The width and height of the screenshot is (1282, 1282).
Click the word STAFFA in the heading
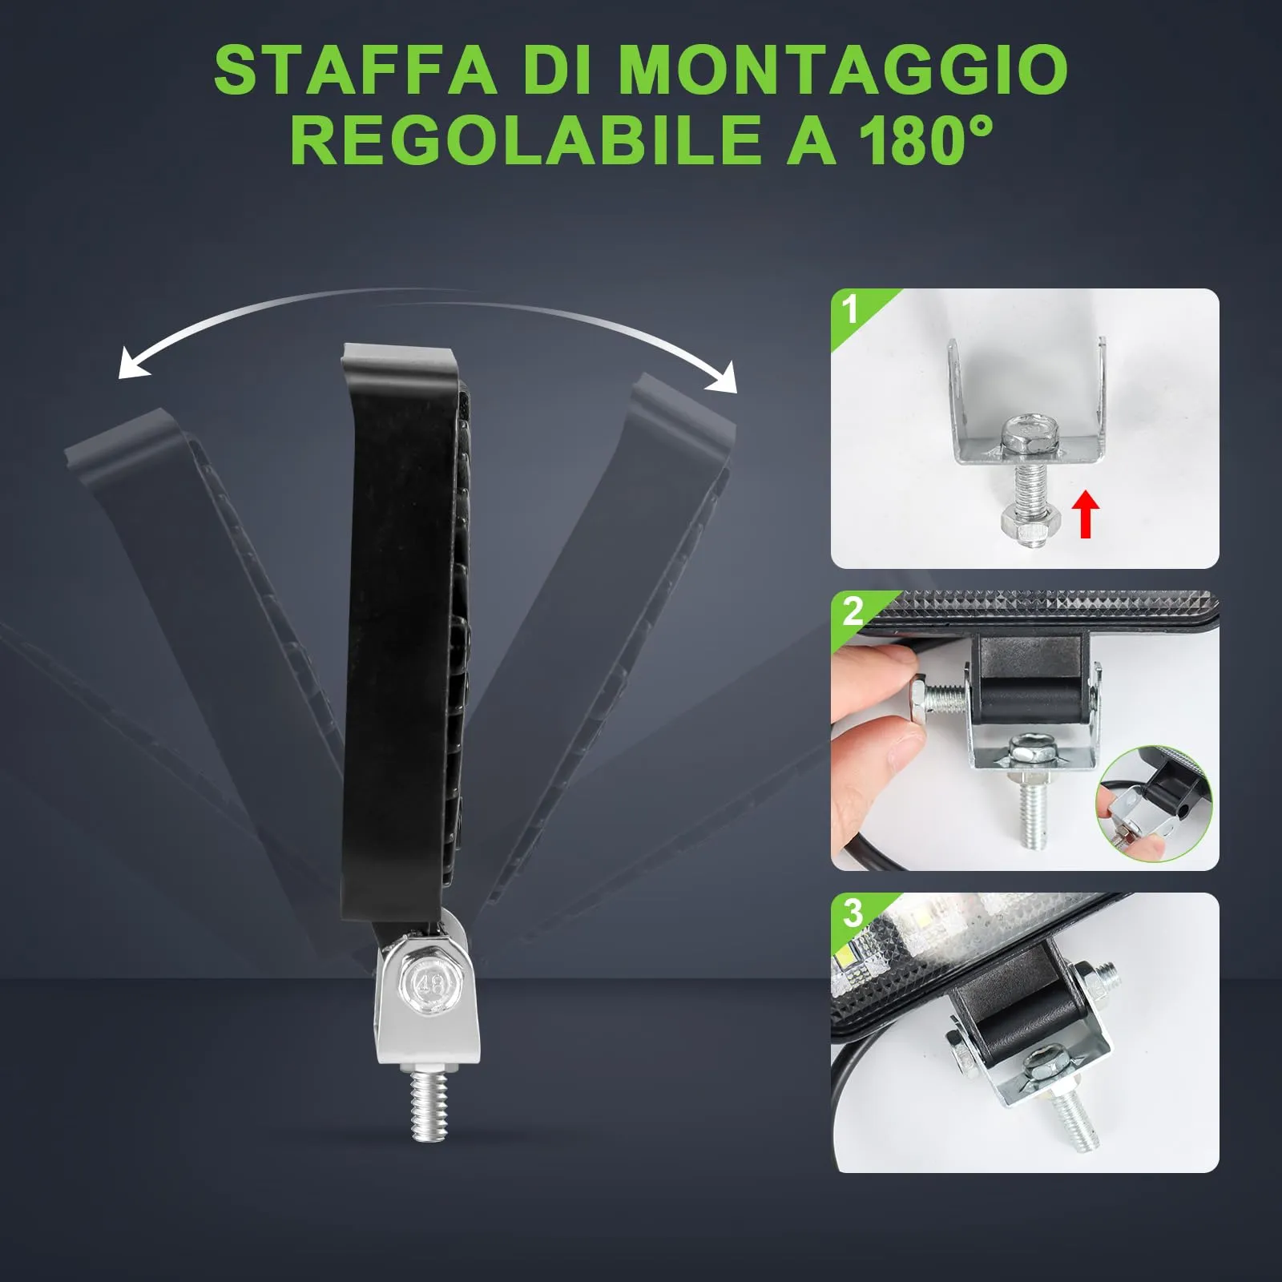356,71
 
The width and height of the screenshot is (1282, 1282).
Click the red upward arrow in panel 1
1086,514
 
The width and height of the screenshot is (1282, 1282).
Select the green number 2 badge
853,612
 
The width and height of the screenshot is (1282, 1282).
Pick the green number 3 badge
853,913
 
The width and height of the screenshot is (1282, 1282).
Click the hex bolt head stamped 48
429,982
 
